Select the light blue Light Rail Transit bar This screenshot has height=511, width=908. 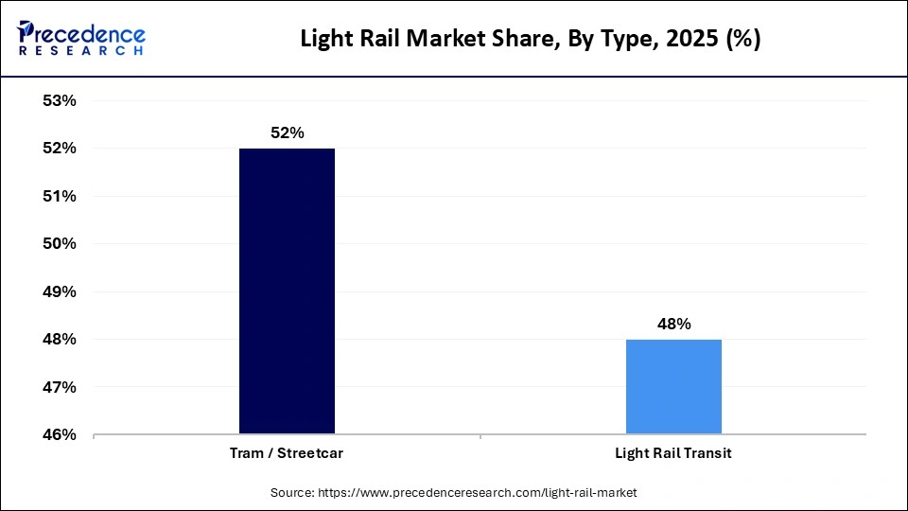point(673,387)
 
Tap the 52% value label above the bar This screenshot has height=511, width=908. point(287,133)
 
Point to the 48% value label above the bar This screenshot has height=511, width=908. point(673,324)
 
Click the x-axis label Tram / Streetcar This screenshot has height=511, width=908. point(287,453)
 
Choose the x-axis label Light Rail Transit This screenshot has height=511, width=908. point(673,453)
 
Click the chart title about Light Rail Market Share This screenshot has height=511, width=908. point(530,40)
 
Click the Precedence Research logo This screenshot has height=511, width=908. point(81,38)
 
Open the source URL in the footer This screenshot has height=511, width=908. point(482,492)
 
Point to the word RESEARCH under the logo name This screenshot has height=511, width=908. point(81,51)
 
